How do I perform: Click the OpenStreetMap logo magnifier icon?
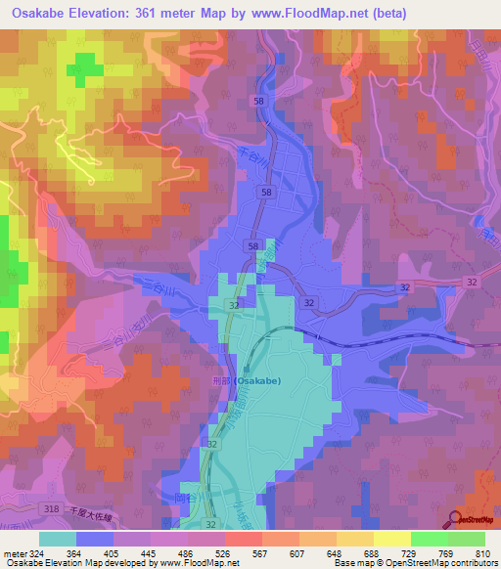click(x=453, y=520)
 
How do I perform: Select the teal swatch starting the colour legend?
click(x=58, y=539)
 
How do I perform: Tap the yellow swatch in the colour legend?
click(x=392, y=539)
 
